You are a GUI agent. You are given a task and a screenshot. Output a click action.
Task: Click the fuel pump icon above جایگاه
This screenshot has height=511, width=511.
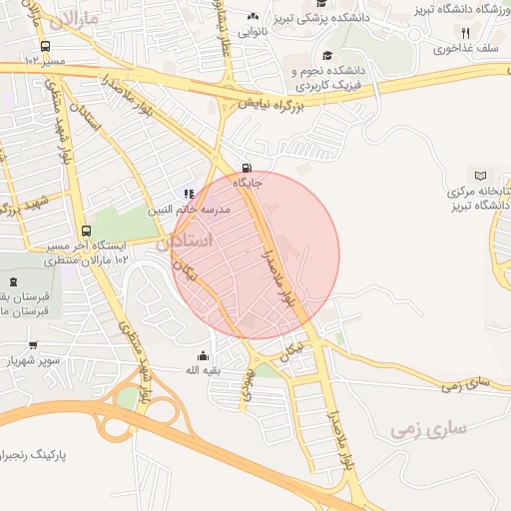tap(247, 168)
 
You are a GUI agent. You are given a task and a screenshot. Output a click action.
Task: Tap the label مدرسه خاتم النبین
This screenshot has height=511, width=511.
tap(190, 210)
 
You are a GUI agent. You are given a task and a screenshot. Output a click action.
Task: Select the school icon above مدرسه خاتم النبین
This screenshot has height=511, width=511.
tap(188, 194)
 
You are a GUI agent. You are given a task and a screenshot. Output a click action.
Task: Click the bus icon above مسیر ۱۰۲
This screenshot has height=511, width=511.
tap(45, 46)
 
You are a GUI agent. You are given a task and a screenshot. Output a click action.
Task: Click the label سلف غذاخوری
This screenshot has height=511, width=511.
tap(458, 48)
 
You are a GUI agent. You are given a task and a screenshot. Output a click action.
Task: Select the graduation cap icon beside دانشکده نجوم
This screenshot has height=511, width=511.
tap(327, 57)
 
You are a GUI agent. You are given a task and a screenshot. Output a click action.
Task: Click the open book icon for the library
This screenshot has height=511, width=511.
tap(481, 176)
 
